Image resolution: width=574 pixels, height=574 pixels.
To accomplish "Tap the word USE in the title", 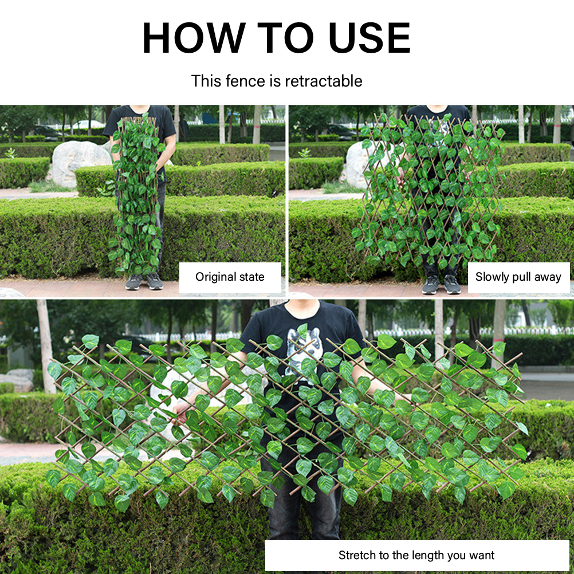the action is [369, 38].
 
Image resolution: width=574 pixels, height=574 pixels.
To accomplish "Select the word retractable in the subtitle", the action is [323, 81].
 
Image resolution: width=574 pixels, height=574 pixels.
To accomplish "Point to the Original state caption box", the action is [230, 277].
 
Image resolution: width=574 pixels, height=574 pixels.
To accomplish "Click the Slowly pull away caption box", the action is [518, 277].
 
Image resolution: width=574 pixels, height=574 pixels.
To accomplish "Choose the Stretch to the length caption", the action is [416, 555].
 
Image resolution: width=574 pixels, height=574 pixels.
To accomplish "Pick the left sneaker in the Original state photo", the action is [133, 282].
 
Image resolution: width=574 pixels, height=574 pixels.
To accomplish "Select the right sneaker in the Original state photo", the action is [155, 281].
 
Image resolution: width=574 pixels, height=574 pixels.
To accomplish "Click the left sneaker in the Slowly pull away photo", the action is [431, 285].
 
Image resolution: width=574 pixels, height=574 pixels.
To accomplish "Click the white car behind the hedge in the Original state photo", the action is [88, 124].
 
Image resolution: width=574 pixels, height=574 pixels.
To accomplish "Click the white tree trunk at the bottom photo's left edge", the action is [46, 346].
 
